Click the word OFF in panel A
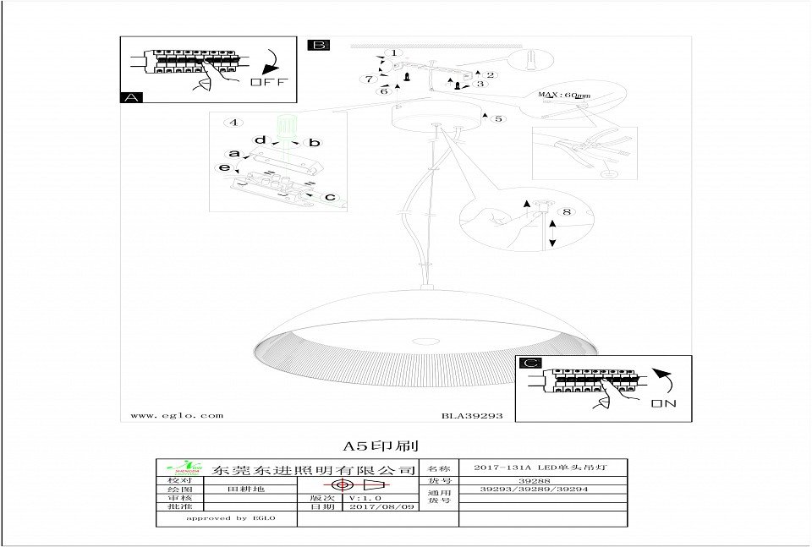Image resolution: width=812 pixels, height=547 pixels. pyautogui.click(x=269, y=82)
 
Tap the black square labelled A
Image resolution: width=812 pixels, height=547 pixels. pyautogui.click(x=132, y=97)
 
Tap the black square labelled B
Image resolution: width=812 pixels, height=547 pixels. pyautogui.click(x=319, y=45)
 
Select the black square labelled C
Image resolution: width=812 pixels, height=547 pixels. pyautogui.click(x=530, y=364)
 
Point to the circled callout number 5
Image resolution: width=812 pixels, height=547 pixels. pyautogui.click(x=499, y=118)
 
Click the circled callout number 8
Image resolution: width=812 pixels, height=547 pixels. pyautogui.click(x=567, y=211)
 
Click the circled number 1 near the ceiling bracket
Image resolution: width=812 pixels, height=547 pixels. pyautogui.click(x=392, y=53)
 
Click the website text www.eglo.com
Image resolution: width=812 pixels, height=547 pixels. pyautogui.click(x=177, y=415)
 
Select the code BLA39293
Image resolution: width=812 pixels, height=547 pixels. pyautogui.click(x=472, y=416)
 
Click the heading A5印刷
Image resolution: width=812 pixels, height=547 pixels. pyautogui.click(x=380, y=445)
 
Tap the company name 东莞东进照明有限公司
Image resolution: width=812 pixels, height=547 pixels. pyautogui.click(x=315, y=469)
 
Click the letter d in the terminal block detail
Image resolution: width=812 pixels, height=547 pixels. pyautogui.click(x=261, y=139)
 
